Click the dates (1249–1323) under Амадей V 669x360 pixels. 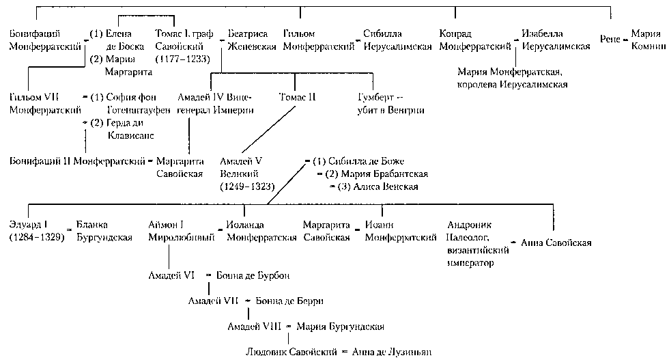(x=246, y=185)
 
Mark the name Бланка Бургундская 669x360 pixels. (x=104, y=232)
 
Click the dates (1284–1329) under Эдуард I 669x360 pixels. (x=36, y=237)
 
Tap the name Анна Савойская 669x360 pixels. (x=556, y=243)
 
